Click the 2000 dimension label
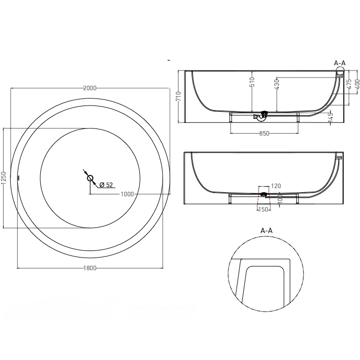[90, 88]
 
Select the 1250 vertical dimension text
[4, 178]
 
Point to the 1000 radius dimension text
[127, 194]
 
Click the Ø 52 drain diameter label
[106, 185]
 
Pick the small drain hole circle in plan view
[90, 178]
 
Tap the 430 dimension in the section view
[276, 84]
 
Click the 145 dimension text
[330, 118]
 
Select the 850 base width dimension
[264, 134]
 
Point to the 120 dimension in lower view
[276, 187]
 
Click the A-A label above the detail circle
[267, 230]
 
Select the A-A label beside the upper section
[340, 63]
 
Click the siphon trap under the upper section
[263, 116]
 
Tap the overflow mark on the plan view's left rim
[19, 178]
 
